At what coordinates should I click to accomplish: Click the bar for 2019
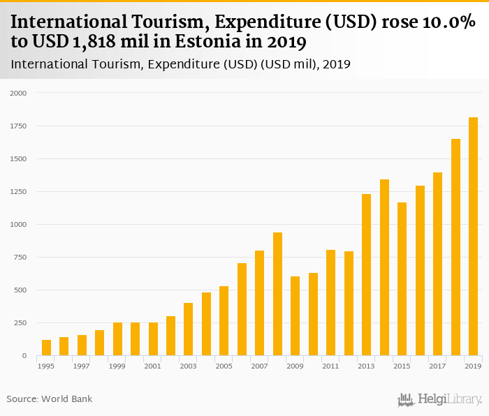[x=473, y=237]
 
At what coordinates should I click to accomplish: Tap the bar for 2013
[x=366, y=275]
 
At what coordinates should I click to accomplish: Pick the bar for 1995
[x=47, y=348]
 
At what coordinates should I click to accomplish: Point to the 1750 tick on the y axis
[x=17, y=126]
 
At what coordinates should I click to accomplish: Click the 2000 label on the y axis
[x=17, y=93]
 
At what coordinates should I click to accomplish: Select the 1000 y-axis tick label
[x=17, y=225]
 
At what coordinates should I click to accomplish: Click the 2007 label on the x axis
[x=259, y=366]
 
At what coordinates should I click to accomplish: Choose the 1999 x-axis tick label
[x=117, y=366]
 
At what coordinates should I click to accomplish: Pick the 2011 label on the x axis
[x=330, y=366]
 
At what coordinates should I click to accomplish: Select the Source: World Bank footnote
[x=50, y=399]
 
